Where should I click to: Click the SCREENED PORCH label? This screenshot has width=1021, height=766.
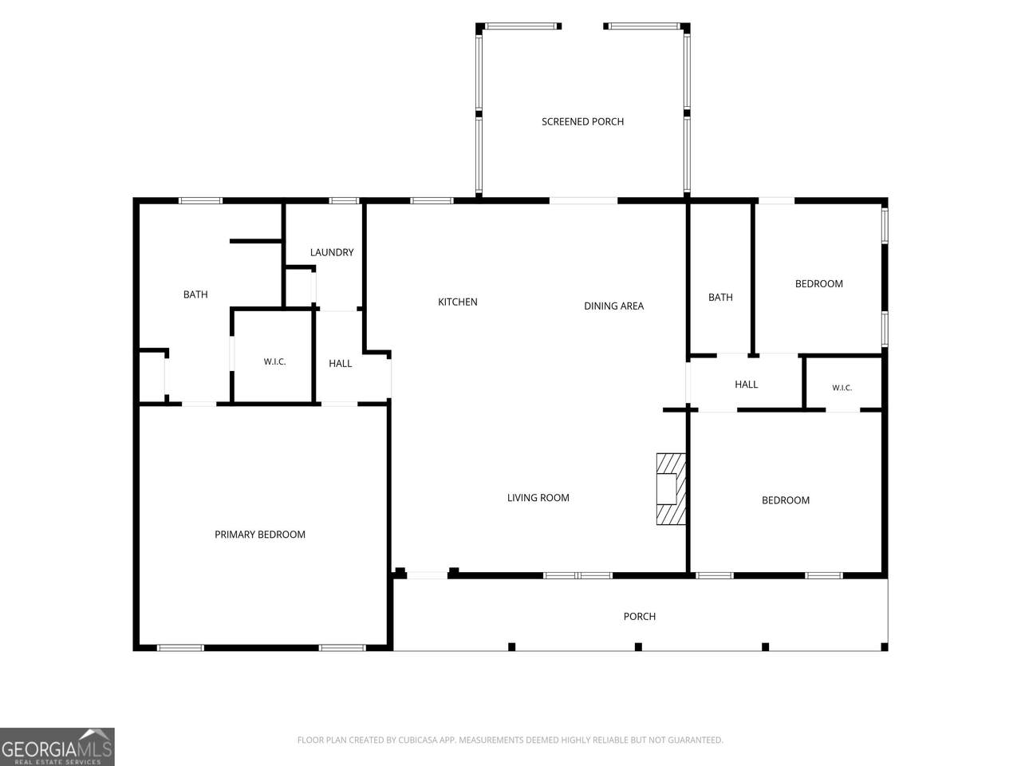582,122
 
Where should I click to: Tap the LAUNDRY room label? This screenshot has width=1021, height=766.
332,252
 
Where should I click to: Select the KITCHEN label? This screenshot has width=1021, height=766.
458,302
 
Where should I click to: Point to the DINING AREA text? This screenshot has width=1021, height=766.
613,306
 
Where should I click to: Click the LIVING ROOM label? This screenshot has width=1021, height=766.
538,498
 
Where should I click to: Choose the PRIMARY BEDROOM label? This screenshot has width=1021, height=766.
260,535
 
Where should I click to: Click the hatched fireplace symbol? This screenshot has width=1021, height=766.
671,489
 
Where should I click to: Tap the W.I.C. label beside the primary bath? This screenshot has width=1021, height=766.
274,361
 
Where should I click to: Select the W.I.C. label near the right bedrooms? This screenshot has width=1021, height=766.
842,388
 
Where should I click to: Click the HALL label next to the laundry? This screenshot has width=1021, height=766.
340,364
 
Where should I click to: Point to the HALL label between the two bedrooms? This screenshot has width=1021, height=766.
746,384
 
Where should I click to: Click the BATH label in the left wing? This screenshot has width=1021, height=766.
195,294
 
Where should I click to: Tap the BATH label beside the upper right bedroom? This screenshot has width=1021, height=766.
720,297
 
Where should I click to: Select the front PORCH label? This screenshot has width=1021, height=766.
640,616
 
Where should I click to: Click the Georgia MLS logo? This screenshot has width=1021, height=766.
57,747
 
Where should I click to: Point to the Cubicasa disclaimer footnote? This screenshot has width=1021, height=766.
510,740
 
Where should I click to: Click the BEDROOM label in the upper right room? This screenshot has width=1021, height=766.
818,284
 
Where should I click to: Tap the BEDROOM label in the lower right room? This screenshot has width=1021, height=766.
785,500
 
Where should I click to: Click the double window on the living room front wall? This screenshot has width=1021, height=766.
578,575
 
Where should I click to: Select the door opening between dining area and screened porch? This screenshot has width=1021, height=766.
583,201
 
